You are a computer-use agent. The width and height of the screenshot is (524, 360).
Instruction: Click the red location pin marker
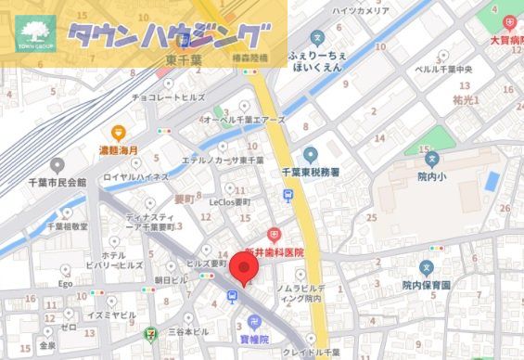[245, 268]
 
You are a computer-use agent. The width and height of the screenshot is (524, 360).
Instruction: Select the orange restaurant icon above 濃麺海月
[118, 134]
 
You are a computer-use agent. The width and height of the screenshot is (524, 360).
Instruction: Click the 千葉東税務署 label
[311, 173]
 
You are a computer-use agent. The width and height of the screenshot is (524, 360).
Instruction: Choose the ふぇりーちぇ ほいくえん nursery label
[317, 61]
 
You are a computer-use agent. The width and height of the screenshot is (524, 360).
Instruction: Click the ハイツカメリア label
[361, 10]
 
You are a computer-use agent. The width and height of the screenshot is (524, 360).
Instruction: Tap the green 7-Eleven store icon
[152, 331]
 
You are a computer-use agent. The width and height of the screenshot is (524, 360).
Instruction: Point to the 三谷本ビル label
[187, 331]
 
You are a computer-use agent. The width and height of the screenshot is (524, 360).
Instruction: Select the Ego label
[66, 283]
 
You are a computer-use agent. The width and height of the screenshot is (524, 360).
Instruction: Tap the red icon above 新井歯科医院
[275, 236]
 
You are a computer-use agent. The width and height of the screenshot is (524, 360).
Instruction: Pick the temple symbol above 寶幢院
[254, 323]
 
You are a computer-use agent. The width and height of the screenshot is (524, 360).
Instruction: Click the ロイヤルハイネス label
[135, 176]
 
